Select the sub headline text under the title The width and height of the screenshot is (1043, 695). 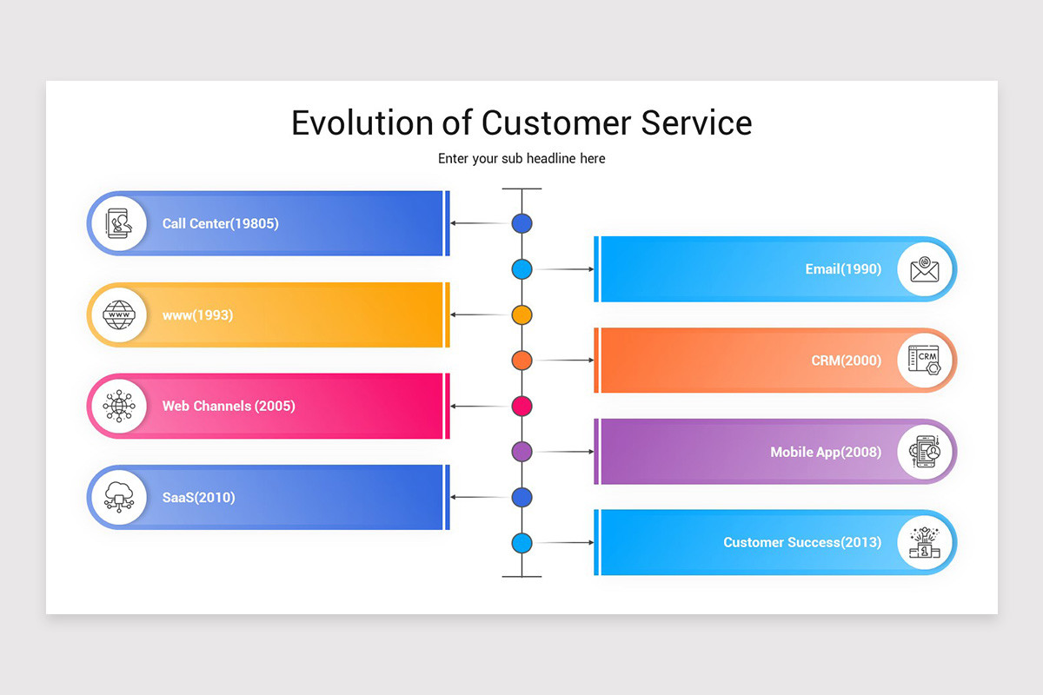pyautogui.click(x=521, y=158)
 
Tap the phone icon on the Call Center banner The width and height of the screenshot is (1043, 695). pyautogui.click(x=119, y=223)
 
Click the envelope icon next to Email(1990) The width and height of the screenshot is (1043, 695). pyautogui.click(x=925, y=269)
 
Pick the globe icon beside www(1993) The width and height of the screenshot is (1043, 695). pyautogui.click(x=119, y=314)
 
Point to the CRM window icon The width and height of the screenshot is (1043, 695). pyautogui.click(x=925, y=360)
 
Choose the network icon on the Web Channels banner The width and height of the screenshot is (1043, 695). pyautogui.click(x=119, y=406)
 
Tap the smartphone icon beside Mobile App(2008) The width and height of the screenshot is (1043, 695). pyautogui.click(x=925, y=452)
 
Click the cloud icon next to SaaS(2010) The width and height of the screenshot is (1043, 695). pyautogui.click(x=119, y=497)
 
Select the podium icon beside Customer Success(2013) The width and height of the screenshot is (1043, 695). pyautogui.click(x=925, y=542)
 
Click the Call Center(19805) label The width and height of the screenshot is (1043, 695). pyautogui.click(x=220, y=223)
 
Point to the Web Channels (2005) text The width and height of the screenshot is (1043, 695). pyautogui.click(x=229, y=406)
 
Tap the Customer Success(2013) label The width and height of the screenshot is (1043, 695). pyautogui.click(x=802, y=542)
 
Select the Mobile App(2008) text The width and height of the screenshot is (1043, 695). pyautogui.click(x=826, y=452)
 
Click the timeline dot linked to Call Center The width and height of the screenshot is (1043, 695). pyautogui.click(x=521, y=223)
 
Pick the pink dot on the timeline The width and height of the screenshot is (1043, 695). pyautogui.click(x=521, y=406)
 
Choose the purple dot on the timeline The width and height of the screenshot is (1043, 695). pyautogui.click(x=521, y=452)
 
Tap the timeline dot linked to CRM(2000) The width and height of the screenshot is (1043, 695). pyautogui.click(x=521, y=360)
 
